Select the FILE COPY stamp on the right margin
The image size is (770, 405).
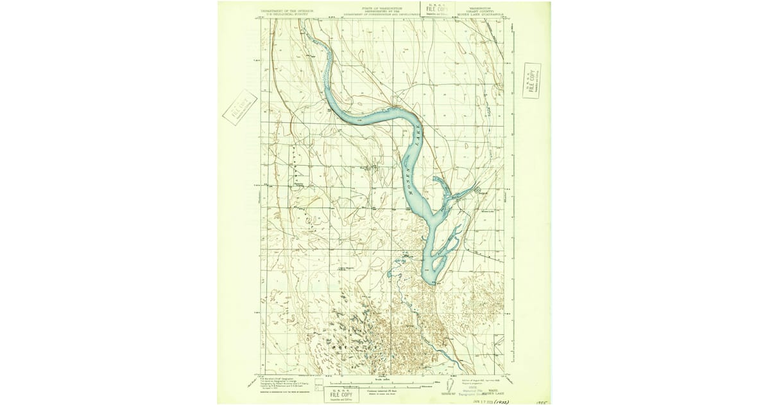(532, 80)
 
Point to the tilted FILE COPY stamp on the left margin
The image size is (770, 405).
(239, 107)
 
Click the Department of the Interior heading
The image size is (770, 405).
(287, 11)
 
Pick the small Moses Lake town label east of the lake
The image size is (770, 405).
(486, 211)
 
